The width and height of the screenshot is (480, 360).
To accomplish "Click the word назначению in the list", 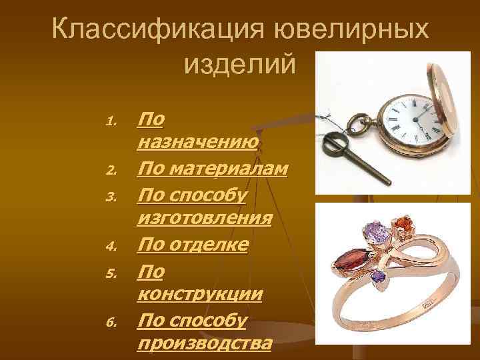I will pyautogui.click(x=197, y=141).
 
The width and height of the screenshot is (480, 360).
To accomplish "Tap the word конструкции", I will pyautogui.click(x=199, y=294).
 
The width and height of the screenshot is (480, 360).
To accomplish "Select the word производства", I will pyautogui.click(x=205, y=343).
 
